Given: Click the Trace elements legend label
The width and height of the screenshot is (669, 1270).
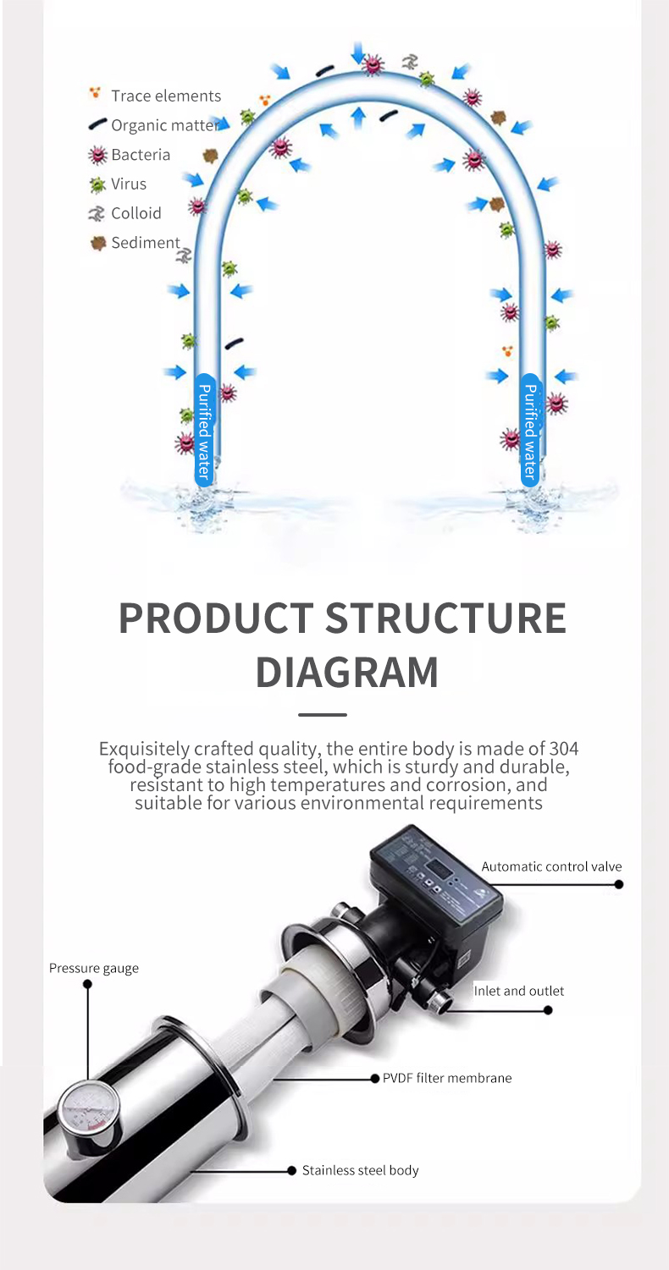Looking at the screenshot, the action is [x=166, y=96].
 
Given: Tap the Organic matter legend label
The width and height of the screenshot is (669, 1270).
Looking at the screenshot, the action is [x=165, y=125].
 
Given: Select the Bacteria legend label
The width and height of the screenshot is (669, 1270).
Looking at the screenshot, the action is [x=141, y=155].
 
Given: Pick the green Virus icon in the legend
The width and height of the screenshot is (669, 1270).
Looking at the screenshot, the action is [x=97, y=184].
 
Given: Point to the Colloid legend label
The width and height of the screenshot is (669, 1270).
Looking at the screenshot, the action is [x=136, y=213].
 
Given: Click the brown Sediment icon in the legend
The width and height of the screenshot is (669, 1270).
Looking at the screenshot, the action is [x=98, y=243].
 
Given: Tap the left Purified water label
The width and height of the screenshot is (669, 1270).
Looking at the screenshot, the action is [x=204, y=431].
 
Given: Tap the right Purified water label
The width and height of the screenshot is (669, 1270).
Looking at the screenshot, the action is [x=530, y=431].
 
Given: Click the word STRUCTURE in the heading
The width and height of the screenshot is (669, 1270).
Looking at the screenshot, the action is [x=445, y=618].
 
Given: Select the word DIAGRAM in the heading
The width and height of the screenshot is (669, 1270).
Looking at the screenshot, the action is [x=346, y=673].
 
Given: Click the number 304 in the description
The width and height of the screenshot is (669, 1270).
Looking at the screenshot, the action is [x=563, y=749].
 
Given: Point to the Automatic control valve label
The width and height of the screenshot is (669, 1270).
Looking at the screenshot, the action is [x=551, y=866].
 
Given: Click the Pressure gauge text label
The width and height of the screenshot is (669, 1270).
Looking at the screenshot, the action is [x=94, y=969].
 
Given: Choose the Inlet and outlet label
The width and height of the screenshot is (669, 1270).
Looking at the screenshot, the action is [x=518, y=991].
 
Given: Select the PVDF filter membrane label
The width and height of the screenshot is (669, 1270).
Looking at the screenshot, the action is [x=447, y=1078].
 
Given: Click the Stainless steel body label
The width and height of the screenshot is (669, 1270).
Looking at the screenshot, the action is [x=360, y=1170].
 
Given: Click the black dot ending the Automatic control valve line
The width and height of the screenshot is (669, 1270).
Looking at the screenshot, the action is [x=619, y=884].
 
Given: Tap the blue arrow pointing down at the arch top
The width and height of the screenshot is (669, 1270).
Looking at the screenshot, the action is [x=357, y=52].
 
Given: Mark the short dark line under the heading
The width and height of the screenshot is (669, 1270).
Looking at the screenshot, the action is [x=323, y=715].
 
